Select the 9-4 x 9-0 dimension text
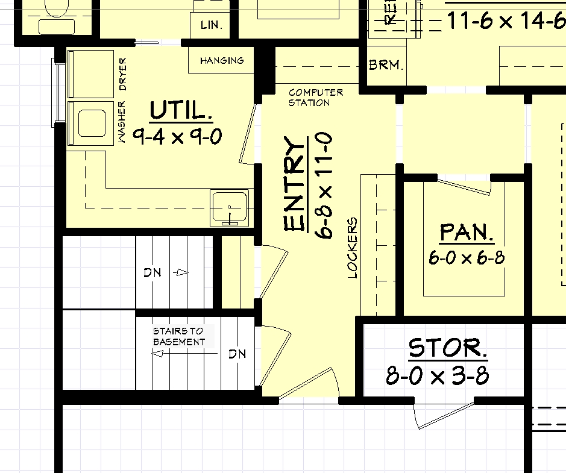coord(177,137)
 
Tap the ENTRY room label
coord(294,184)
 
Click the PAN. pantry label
coord(467,232)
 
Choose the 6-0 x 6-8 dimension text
coord(467,258)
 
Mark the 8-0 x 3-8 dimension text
coord(438,377)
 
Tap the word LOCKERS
coord(353,248)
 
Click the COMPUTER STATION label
coord(316,98)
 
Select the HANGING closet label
coord(222,61)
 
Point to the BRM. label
coord(386,65)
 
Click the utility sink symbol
coord(229,208)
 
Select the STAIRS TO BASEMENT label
coord(178,336)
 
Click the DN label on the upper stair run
coord(153,273)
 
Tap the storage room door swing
coord(443,416)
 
